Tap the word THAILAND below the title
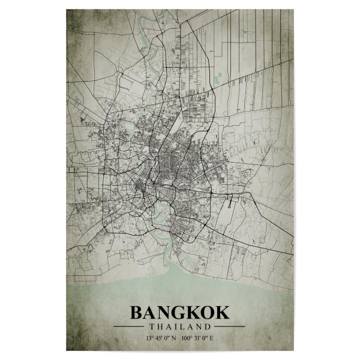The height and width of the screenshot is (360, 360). [179, 327]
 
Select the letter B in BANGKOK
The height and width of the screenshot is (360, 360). [137, 313]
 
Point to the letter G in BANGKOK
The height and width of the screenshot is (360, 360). [179, 313]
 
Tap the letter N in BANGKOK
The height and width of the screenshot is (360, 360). [165, 313]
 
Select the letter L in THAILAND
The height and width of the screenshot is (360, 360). [182, 327]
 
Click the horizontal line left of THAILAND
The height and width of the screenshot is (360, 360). [128, 327]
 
